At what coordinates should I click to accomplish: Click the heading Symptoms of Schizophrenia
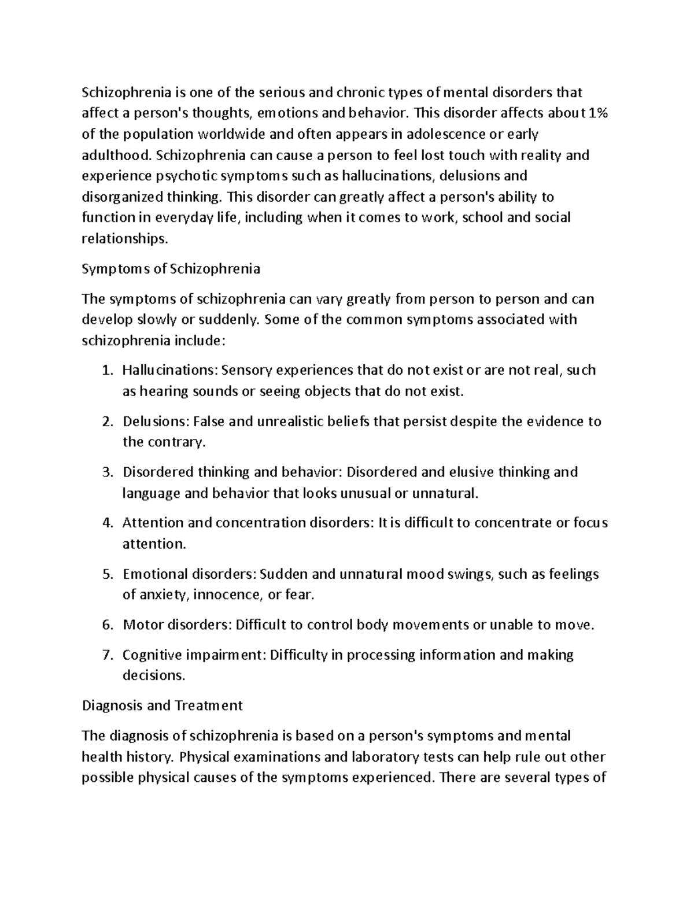171,269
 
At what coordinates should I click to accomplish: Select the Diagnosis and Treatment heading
162,705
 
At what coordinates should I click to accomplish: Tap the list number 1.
106,371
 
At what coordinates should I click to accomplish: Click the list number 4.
106,523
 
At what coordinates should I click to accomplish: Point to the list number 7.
106,655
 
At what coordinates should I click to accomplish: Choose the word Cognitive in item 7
153,655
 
